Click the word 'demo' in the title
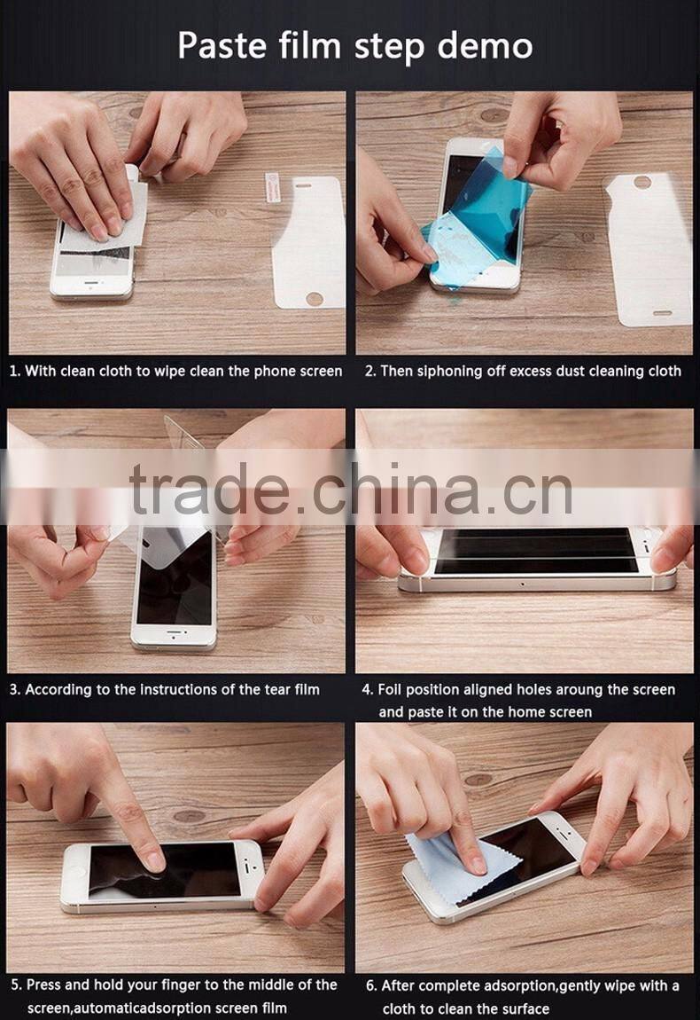pos(484,45)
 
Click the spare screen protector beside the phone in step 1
pos(307,241)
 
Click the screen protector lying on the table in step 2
pos(647,248)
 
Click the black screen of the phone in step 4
pos(535,553)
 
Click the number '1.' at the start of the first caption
pos(15,371)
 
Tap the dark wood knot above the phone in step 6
pos(478,779)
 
